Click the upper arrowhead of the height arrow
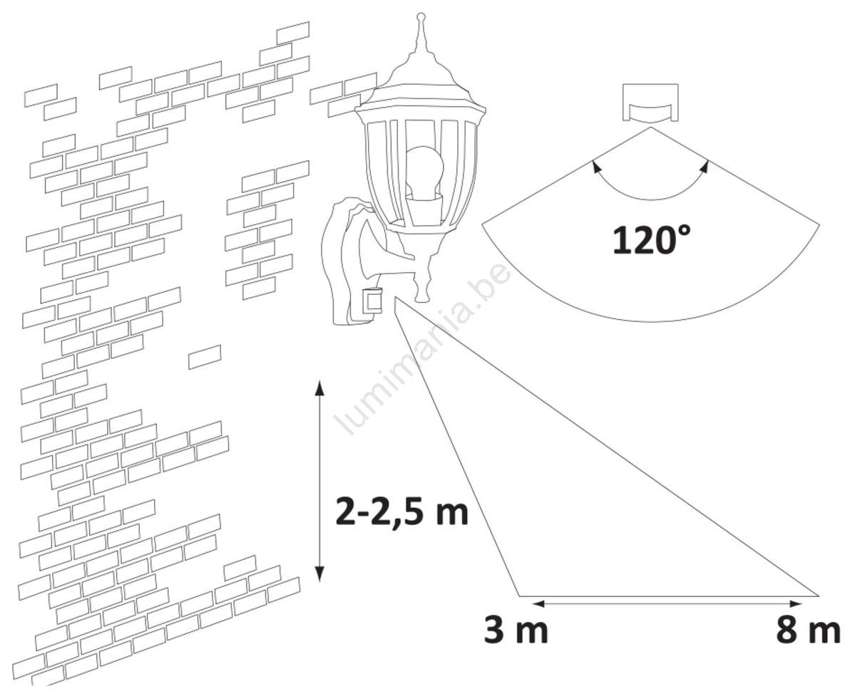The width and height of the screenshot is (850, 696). pyautogui.click(x=320, y=388)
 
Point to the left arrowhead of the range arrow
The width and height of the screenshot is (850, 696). pyautogui.click(x=538, y=602)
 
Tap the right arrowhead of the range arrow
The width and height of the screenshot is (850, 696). pyautogui.click(x=795, y=602)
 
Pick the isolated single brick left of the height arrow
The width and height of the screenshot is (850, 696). pyautogui.click(x=205, y=357)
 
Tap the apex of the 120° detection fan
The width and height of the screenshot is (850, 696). pyautogui.click(x=650, y=128)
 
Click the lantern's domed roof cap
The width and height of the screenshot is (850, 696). pyautogui.click(x=419, y=81)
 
